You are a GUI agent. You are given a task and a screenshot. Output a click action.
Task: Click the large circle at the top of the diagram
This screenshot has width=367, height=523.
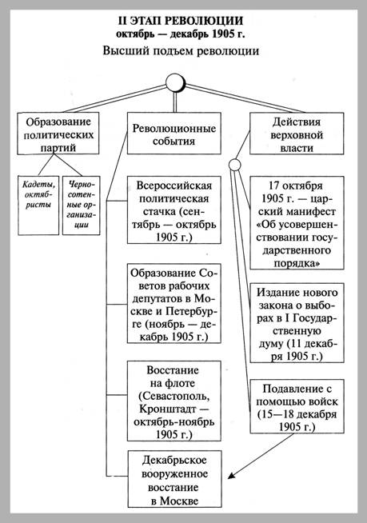(175, 82)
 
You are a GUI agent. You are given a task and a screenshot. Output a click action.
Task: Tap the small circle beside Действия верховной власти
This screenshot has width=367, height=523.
(235, 165)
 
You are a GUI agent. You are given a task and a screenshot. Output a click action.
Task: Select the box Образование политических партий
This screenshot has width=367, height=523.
(58, 134)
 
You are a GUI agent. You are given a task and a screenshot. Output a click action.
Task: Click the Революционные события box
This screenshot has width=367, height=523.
(174, 134)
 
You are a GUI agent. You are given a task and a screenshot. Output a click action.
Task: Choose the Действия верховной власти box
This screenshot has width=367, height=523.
(297, 134)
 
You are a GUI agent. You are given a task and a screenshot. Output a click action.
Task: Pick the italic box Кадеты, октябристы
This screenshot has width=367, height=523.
(38, 206)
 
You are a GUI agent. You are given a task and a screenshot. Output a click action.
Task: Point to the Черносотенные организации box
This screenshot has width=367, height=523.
(81, 206)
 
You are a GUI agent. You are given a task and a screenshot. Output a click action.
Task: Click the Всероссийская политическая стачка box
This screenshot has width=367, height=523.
(174, 210)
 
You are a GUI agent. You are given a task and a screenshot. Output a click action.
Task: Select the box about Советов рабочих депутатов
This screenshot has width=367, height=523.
(174, 303)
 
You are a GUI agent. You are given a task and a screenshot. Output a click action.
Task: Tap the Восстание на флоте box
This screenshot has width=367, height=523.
(174, 401)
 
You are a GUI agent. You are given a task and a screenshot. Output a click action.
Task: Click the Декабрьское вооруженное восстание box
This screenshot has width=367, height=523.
(175, 479)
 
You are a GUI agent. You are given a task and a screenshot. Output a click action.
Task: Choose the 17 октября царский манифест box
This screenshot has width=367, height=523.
(297, 223)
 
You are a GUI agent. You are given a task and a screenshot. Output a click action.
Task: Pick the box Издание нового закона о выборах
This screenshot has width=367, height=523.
(297, 323)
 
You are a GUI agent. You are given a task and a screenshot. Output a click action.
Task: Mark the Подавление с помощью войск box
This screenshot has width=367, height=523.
(297, 406)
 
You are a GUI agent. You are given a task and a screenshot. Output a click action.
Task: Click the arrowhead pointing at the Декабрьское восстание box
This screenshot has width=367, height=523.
(231, 476)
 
